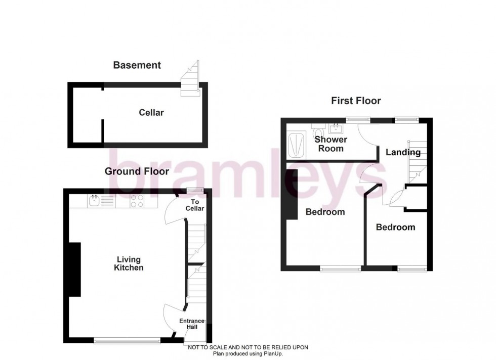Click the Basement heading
tap(137, 65)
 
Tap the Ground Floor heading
tap(137, 171)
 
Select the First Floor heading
tap(356, 101)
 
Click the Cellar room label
tap(151, 113)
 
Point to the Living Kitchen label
tap(129, 263)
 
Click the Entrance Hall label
tap(192, 324)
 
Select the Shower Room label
tap(330, 144)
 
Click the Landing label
tap(403, 152)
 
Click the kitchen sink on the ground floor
tap(94, 201)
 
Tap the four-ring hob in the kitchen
tap(137, 201)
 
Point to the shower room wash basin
tap(335, 128)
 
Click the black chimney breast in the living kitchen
tap(74, 269)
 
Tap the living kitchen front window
tap(127, 341)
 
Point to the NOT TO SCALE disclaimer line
tap(247, 347)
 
